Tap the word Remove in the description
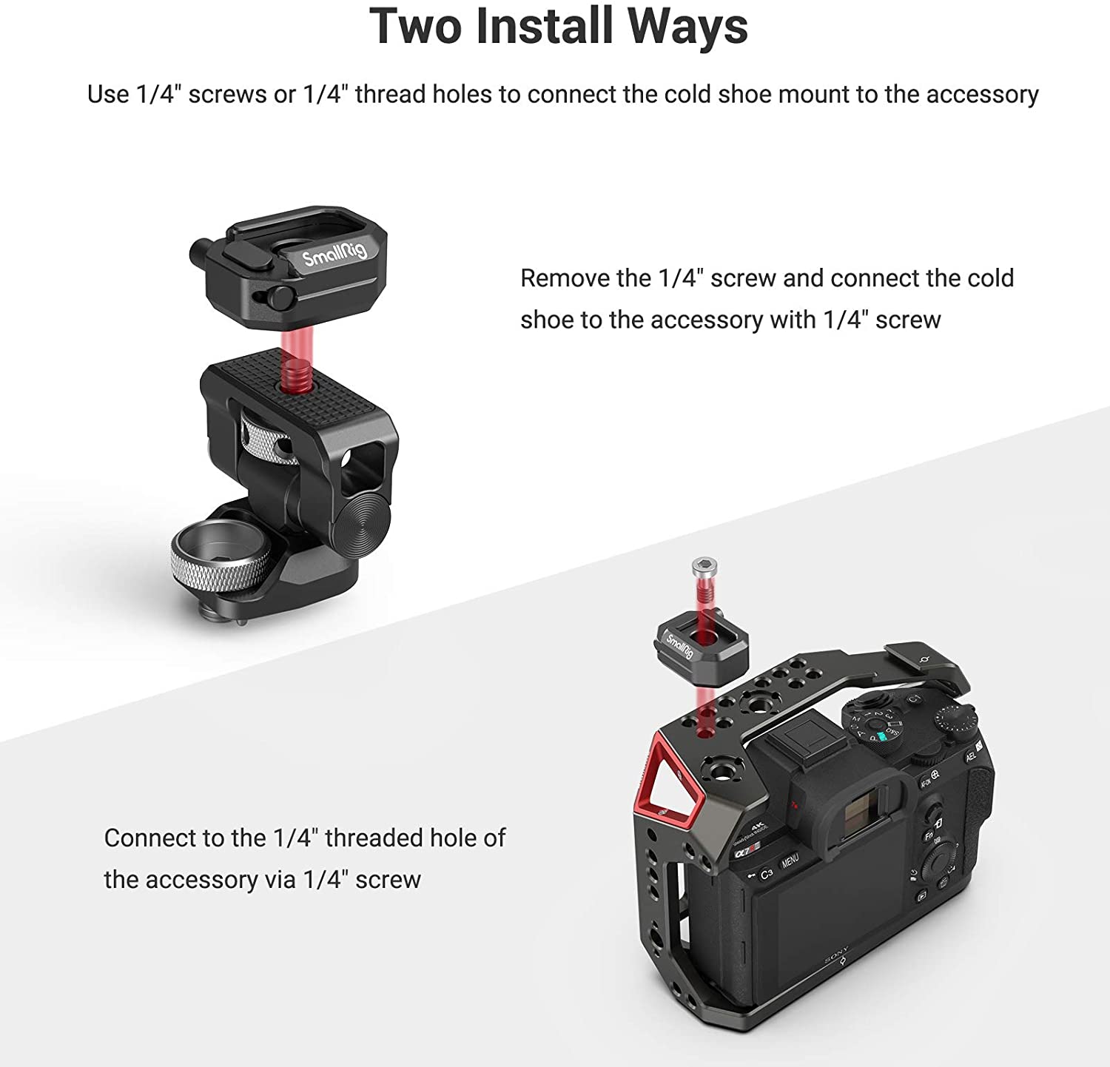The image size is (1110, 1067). [565, 278]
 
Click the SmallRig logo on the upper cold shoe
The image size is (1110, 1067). [334, 254]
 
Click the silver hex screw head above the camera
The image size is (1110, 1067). [702, 568]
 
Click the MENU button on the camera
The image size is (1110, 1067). [790, 861]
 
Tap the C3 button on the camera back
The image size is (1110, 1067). [766, 874]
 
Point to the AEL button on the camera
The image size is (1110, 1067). [971, 756]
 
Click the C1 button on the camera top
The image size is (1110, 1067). [915, 699]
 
